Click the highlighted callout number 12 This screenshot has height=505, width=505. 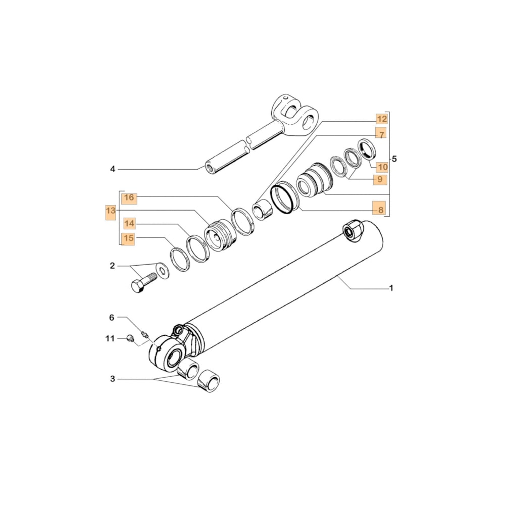tap(381, 119)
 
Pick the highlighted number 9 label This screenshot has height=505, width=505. tap(380, 179)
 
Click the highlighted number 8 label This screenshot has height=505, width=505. tap(380, 208)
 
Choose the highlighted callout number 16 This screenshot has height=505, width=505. tap(129, 197)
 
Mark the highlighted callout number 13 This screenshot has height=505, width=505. tap(111, 212)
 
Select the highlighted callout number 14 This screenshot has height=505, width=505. tap(129, 223)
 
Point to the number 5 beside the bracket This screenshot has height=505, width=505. tap(395, 159)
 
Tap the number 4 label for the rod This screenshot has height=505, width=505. tap(113, 169)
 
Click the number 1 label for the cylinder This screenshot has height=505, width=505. tap(391, 288)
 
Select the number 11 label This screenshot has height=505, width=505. tap(110, 338)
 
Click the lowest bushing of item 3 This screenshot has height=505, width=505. tap(210, 381)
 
